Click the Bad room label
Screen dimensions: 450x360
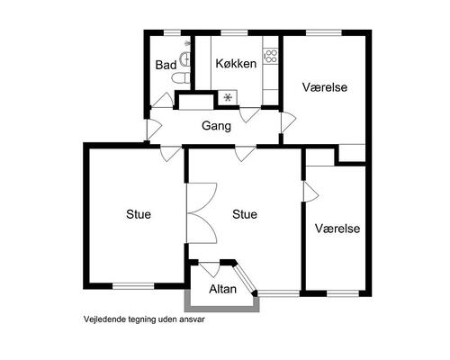click(x=166, y=65)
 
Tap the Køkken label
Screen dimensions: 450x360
click(x=236, y=64)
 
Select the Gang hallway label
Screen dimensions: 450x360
click(x=216, y=126)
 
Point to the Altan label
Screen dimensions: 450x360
click(x=222, y=289)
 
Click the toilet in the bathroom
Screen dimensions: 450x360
click(x=181, y=78)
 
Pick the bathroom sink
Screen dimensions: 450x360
click(x=184, y=58)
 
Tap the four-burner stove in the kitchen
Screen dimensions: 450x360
click(x=271, y=57)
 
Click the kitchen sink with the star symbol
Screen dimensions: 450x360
click(x=228, y=97)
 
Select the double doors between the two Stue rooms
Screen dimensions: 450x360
click(x=202, y=213)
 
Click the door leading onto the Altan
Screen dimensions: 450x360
click(x=210, y=269)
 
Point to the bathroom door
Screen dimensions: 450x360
click(x=162, y=101)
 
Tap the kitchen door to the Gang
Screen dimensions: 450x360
click(x=249, y=114)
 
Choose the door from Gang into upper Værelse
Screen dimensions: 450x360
click(x=288, y=122)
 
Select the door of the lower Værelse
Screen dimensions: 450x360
click(x=310, y=192)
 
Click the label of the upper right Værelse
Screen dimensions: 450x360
click(x=325, y=87)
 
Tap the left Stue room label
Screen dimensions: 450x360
click(x=139, y=214)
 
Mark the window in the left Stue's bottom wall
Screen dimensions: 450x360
click(x=133, y=286)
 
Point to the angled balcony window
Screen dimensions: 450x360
click(x=245, y=278)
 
